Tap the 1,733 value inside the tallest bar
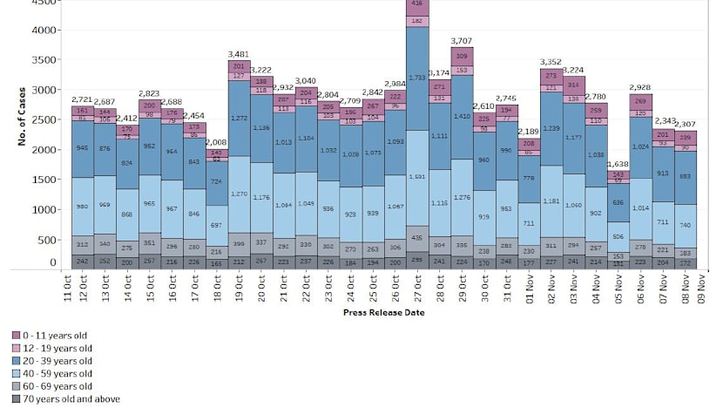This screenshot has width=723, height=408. tap(416, 78)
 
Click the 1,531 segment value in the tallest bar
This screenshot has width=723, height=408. tap(416, 177)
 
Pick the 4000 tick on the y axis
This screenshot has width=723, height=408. tap(42, 30)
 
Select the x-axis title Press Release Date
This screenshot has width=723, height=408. tap(383, 311)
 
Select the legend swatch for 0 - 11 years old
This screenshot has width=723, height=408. tap(16, 335)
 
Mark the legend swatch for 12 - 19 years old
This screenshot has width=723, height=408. tap(16, 348)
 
